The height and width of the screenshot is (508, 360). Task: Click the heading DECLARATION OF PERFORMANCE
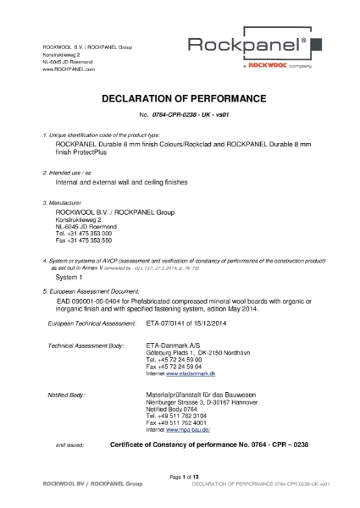click(179, 97)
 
